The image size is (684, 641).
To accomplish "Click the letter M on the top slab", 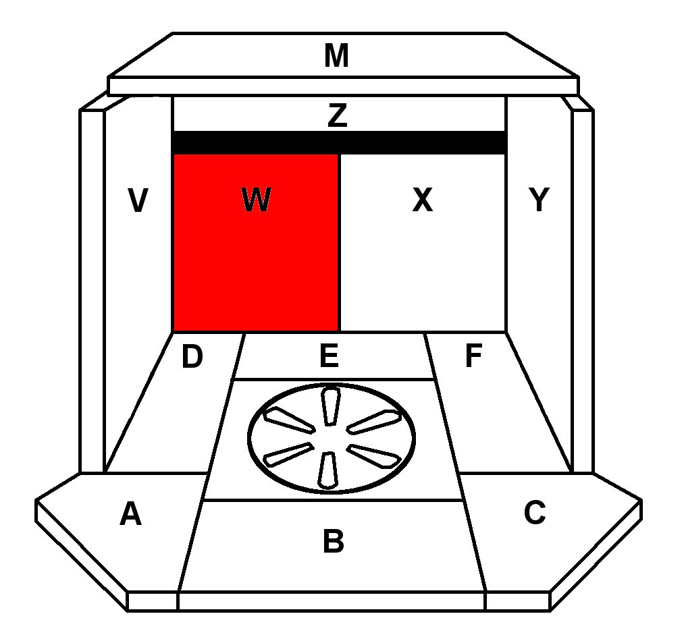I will pyautogui.click(x=336, y=56).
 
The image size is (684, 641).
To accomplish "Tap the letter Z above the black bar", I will pyautogui.click(x=337, y=116).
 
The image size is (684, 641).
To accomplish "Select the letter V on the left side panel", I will pyautogui.click(x=138, y=200).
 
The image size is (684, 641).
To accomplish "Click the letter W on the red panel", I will pyautogui.click(x=256, y=200).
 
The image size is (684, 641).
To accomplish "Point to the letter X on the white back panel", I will pyautogui.click(x=422, y=200).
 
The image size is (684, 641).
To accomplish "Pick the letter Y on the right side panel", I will pyautogui.click(x=539, y=200).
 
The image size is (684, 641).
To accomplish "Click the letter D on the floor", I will pyautogui.click(x=192, y=358).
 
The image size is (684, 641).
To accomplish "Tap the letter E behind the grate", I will pyautogui.click(x=329, y=356).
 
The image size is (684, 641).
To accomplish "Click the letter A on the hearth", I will pyautogui.click(x=130, y=514).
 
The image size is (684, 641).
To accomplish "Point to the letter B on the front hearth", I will pyautogui.click(x=333, y=541).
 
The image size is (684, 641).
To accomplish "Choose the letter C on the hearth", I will pyautogui.click(x=534, y=513).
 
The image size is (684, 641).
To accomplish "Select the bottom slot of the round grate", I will pyautogui.click(x=327, y=470).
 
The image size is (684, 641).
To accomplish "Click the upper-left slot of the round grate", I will pyautogui.click(x=289, y=420).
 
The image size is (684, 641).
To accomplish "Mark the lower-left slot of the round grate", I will pyautogui.click(x=288, y=455).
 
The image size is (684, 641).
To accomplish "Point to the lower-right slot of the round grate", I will pyautogui.click(x=373, y=456).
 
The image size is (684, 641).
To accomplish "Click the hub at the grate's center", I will pyautogui.click(x=331, y=439).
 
